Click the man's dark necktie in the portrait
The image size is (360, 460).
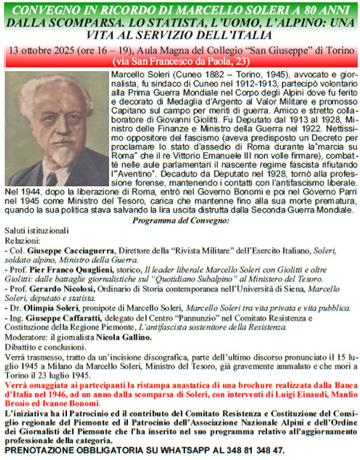click(52, 179)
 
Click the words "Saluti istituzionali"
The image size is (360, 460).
click(36, 231)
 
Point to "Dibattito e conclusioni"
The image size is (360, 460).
click(42, 347)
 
